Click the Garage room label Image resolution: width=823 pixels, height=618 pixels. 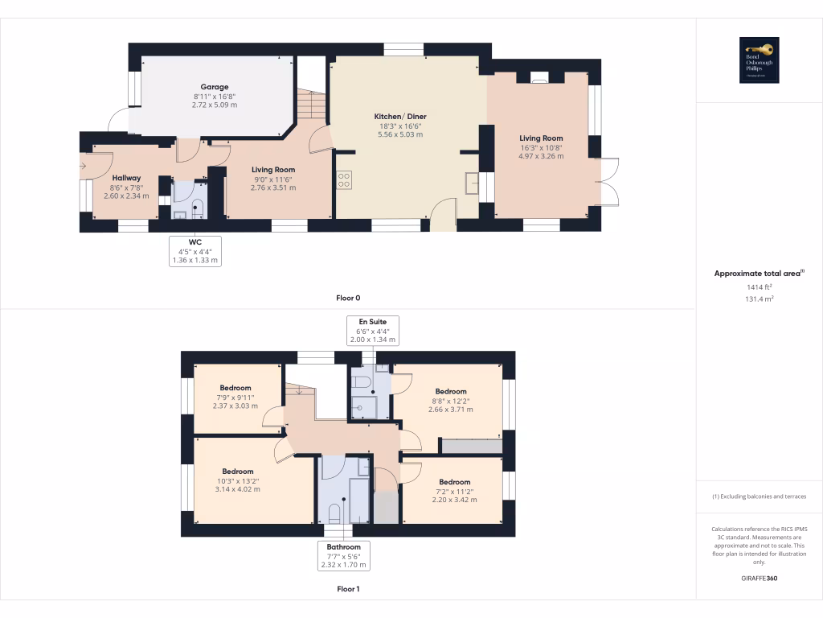[x=215, y=87]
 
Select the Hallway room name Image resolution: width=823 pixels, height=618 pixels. [x=126, y=178]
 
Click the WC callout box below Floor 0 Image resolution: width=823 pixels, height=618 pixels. [x=195, y=250]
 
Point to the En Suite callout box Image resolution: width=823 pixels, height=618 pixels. [x=372, y=330]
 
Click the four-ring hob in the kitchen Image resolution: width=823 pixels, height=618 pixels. [x=344, y=181]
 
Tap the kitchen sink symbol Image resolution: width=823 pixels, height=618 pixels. [x=471, y=184]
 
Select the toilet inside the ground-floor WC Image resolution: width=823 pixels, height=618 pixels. [x=198, y=208]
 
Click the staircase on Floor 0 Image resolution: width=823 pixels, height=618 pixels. [x=310, y=103]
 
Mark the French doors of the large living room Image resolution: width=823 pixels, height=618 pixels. [x=608, y=182]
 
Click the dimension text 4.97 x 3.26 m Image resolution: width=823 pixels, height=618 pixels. [x=541, y=156]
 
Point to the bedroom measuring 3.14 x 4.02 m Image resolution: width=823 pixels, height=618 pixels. [x=238, y=480]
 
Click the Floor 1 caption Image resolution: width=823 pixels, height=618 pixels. [x=348, y=589]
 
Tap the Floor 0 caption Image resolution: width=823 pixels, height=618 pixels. [x=348, y=298]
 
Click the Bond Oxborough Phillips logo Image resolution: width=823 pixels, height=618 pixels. [x=760, y=60]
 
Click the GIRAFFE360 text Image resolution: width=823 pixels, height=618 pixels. [x=759, y=579]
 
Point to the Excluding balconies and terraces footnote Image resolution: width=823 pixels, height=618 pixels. [x=759, y=496]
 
